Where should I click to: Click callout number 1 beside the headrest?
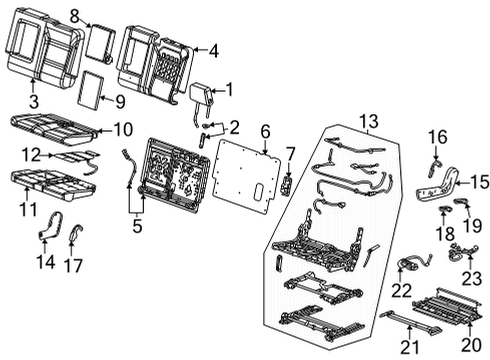pos(231,89)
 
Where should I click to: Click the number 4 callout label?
pos(213,47)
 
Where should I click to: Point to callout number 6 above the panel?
pos(265,131)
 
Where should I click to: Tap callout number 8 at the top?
pos(73,15)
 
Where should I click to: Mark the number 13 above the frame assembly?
pos(370,121)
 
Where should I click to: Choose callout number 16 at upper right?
pos(438,135)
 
